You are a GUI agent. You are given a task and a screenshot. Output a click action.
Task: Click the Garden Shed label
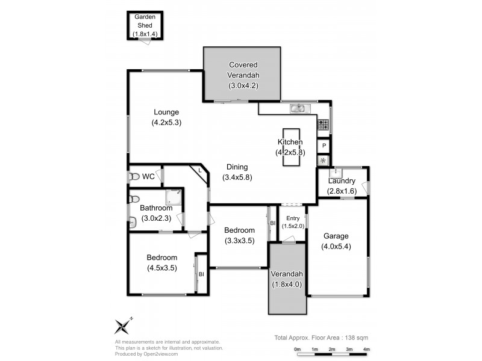click(x=145, y=22)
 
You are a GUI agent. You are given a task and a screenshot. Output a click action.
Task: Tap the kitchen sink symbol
click(x=299, y=108)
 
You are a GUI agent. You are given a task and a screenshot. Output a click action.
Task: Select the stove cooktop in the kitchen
click(x=324, y=125)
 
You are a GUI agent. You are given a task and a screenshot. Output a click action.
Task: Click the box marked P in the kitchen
click(x=324, y=146)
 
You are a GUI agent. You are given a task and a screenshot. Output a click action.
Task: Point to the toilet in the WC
click(x=133, y=177)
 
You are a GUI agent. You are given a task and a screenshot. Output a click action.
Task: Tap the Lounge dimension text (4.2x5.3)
click(x=166, y=122)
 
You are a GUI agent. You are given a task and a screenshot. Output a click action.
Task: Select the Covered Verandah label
click(x=242, y=70)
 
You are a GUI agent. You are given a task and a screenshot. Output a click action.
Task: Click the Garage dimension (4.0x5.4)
click(x=336, y=247)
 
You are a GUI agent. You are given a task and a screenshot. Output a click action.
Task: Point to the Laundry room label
click(x=342, y=181)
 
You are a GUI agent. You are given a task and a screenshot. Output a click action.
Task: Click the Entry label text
click(x=293, y=218)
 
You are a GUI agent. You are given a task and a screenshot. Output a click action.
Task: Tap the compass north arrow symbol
click(x=123, y=326)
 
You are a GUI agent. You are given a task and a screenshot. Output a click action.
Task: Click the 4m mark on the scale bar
click(x=366, y=349)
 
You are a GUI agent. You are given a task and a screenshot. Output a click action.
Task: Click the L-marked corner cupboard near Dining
click(x=199, y=171)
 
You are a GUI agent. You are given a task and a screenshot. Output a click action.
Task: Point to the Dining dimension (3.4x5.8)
click(x=237, y=177)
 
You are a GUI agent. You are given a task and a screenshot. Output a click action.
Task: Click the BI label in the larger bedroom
click(x=201, y=274)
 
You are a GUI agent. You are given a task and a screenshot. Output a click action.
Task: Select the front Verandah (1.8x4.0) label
click(x=287, y=283)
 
